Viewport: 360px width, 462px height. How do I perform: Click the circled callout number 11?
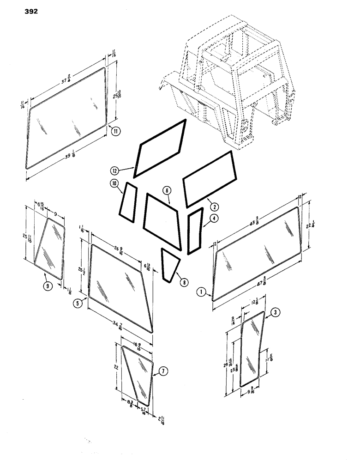[x=115, y=132]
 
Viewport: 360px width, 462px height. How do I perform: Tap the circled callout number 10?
[x=114, y=184]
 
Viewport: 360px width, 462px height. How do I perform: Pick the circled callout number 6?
[x=167, y=190]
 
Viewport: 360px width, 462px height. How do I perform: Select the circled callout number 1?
[x=201, y=292]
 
